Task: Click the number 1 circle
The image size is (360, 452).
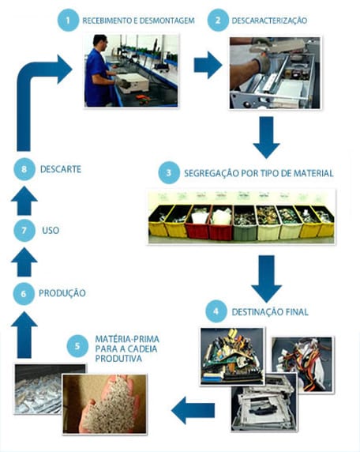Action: (x=69, y=20)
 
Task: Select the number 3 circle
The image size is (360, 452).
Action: (x=167, y=172)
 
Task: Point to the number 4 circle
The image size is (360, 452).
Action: (x=217, y=311)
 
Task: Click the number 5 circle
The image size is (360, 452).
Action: (x=77, y=345)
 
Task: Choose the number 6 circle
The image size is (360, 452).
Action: (x=24, y=293)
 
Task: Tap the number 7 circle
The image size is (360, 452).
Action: (x=24, y=231)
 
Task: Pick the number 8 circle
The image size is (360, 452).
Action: (x=24, y=169)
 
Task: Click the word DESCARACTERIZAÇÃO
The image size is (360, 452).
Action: (x=269, y=20)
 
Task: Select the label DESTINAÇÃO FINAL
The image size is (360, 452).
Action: (x=270, y=312)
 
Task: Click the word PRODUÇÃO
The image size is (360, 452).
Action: (x=62, y=293)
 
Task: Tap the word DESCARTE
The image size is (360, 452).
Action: (x=61, y=169)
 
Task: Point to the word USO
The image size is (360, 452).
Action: (x=51, y=231)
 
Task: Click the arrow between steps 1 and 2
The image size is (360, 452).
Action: (x=208, y=66)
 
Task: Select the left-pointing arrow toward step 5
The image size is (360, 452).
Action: (x=193, y=409)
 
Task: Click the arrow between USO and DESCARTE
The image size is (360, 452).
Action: (x=24, y=201)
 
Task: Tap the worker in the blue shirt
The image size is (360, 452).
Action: (x=98, y=71)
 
